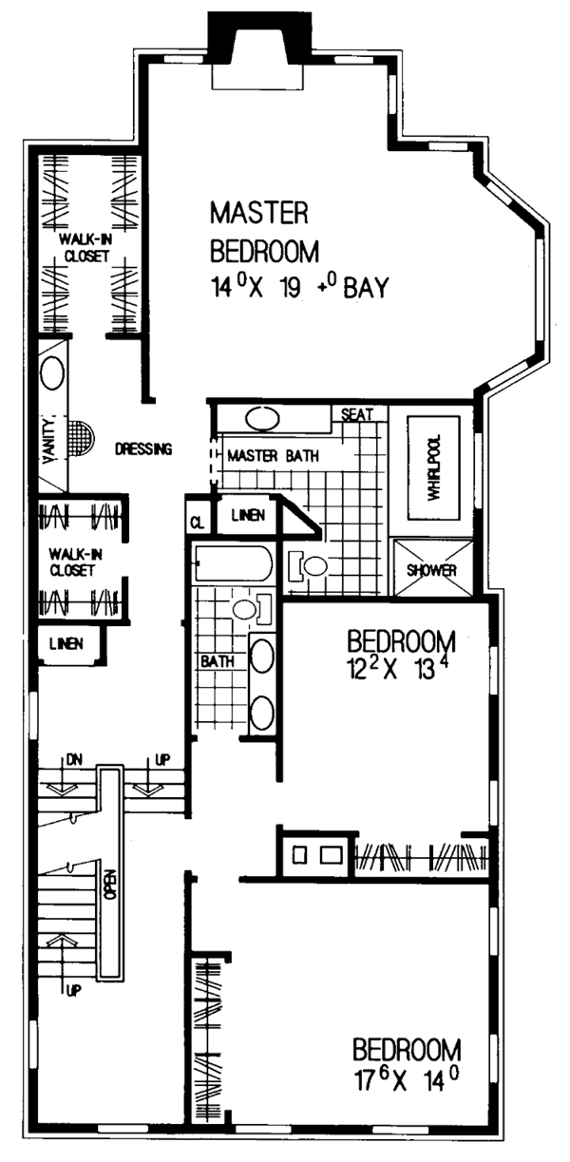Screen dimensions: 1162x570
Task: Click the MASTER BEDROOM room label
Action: (x=263, y=231)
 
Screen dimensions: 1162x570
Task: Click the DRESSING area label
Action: (x=142, y=448)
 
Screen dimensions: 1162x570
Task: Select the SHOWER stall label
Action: (x=433, y=570)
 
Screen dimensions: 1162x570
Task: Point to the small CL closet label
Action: (x=197, y=522)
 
